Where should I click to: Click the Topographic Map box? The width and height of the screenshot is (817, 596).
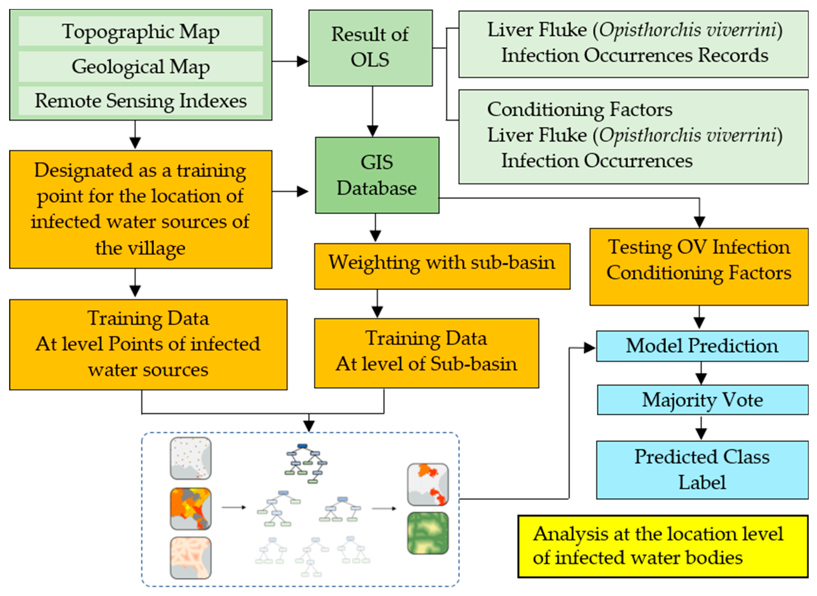pos(140,31)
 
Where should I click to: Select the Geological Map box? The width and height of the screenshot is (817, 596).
pos(140,66)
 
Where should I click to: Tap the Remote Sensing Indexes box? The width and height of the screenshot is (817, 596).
pos(140,101)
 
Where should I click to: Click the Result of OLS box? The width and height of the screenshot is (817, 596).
pos(370,48)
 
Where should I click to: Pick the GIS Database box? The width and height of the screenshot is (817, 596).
pos(377,175)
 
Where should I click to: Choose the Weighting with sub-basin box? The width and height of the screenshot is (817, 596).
pos(442,266)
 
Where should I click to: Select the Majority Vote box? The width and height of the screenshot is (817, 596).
pos(702,400)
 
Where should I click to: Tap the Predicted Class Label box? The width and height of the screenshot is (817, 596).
pos(702,469)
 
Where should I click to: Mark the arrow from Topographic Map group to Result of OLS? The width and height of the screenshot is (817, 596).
pos(290,61)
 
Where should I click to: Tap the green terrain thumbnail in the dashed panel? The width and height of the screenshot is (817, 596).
pos(428,533)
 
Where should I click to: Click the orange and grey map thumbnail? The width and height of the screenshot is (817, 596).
pos(190,508)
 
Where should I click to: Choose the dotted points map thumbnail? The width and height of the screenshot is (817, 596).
pos(190,458)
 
